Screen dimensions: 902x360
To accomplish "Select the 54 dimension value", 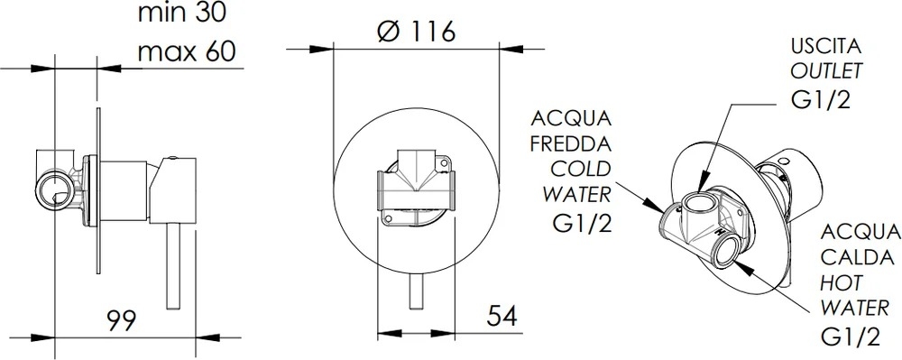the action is [502, 316].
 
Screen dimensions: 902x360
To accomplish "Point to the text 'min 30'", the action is [182, 12].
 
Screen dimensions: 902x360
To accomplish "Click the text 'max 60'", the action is [187, 51].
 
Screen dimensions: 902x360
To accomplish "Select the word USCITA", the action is [825, 46].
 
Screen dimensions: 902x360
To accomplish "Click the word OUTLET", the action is [826, 70].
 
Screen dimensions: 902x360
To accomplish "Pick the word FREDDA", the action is [571, 143].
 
